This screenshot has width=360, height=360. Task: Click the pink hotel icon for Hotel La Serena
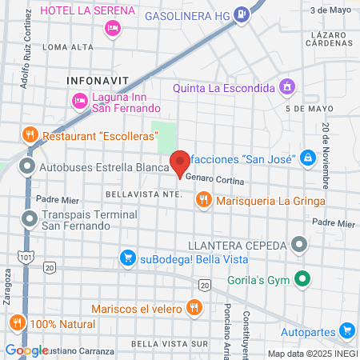pyautogui.click(x=113, y=29)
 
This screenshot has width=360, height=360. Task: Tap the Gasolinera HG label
pyautogui.click(x=205, y=15)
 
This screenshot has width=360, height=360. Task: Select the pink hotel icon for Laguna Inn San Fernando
pyautogui.click(x=79, y=100)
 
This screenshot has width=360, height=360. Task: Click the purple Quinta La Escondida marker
pyautogui.click(x=287, y=86)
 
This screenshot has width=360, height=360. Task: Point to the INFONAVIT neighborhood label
pyautogui.click(x=94, y=81)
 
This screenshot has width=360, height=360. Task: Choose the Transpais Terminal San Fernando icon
pyautogui.click(x=30, y=218)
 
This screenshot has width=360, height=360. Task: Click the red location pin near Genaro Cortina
pyautogui.click(x=180, y=161)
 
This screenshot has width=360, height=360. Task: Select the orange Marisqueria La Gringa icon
pyautogui.click(x=204, y=200)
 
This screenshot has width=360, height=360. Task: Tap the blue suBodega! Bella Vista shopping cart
pyautogui.click(x=127, y=258)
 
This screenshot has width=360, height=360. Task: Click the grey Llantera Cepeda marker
pyautogui.click(x=300, y=243)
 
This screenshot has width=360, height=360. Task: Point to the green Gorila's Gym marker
pyautogui.click(x=302, y=279)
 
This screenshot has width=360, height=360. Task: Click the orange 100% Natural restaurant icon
pyautogui.click(x=17, y=323)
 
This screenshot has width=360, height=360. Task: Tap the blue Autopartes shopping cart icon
pyautogui.click(x=346, y=330)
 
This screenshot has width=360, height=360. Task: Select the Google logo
pyautogui.click(x=26, y=350)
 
